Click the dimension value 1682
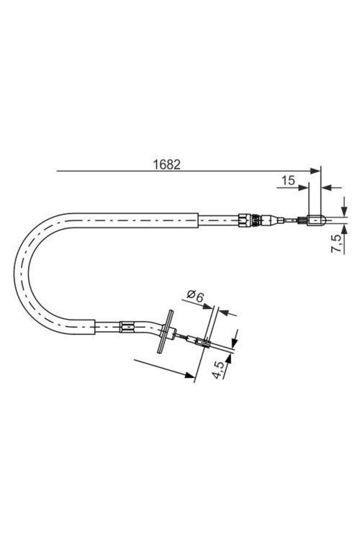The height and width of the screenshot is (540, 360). (166, 163)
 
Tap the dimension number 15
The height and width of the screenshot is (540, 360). (287, 181)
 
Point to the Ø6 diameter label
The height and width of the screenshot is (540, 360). (194, 294)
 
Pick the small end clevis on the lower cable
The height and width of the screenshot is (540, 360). (206, 344)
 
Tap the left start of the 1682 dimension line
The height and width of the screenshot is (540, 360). (58, 171)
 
